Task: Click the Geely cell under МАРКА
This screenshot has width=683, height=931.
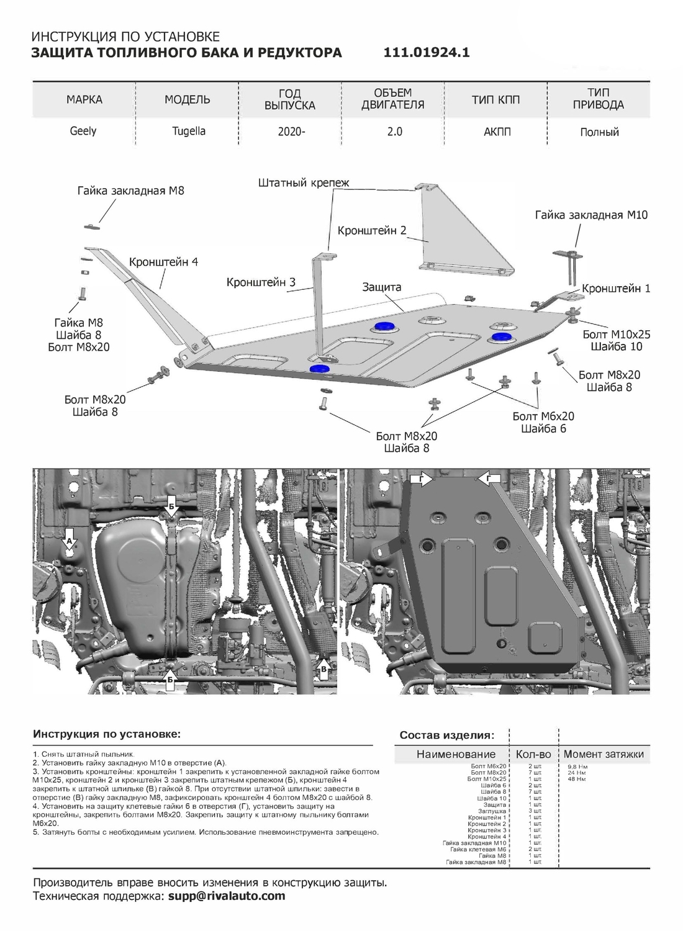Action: (x=83, y=131)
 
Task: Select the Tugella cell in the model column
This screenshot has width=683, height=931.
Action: (x=188, y=131)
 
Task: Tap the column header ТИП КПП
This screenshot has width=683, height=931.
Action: (x=495, y=99)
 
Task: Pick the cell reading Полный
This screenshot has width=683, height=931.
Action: (x=599, y=132)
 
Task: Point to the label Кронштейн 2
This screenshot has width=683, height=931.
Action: (x=371, y=230)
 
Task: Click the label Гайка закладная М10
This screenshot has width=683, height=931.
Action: (x=591, y=215)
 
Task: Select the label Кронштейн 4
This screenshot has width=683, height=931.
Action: (x=163, y=262)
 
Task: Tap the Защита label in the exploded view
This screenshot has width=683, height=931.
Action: (x=382, y=287)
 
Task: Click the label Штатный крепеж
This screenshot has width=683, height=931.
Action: (x=304, y=182)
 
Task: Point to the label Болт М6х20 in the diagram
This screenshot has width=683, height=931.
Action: (x=543, y=416)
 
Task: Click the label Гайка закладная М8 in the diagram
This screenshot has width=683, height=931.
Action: (x=130, y=191)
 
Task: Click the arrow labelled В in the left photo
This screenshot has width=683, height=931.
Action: (x=323, y=668)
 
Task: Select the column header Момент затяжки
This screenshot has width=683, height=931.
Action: (x=603, y=754)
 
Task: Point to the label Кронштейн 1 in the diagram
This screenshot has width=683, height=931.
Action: (x=616, y=289)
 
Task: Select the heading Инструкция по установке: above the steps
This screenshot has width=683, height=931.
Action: (x=106, y=734)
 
